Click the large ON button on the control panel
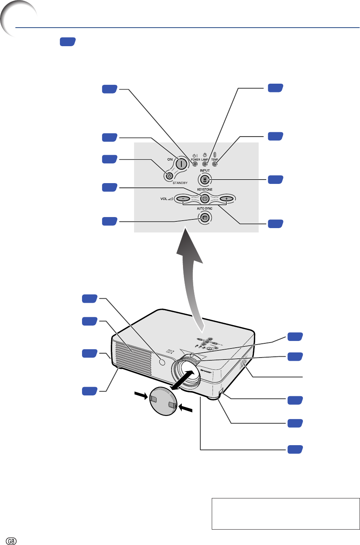coord(181,162)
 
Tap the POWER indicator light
coord(195,164)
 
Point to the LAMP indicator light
coord(205,164)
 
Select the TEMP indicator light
coord(215,164)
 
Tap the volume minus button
coord(183,199)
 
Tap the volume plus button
coord(226,199)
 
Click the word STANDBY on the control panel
coord(180,183)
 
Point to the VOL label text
coord(164,199)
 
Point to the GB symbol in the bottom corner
coord(11,540)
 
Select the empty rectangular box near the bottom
coord(285,513)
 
